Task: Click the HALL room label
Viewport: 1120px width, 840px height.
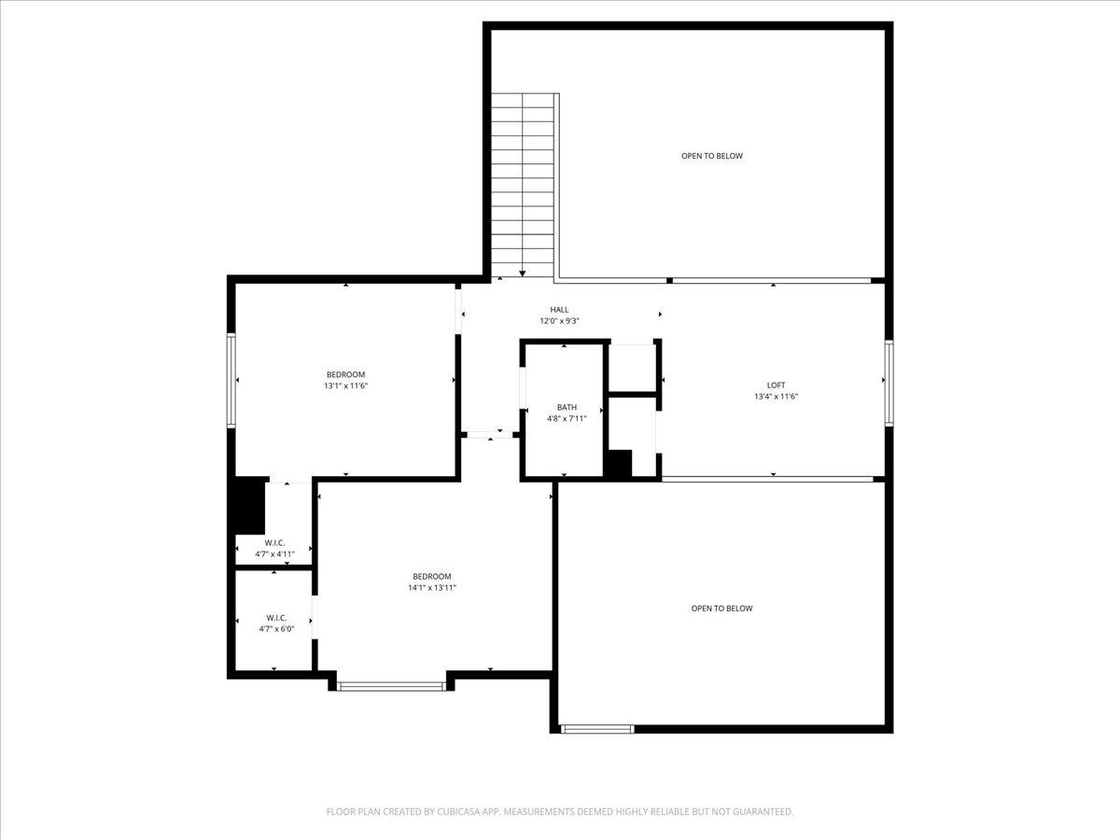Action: tap(559, 310)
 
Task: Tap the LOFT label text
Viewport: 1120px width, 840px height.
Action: tap(777, 385)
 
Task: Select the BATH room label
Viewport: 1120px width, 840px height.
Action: tap(567, 407)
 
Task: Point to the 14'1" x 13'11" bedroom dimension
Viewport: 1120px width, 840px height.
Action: tap(432, 587)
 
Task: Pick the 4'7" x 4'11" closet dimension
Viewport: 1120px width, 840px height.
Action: tap(274, 553)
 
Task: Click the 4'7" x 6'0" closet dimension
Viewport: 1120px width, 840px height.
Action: tap(276, 628)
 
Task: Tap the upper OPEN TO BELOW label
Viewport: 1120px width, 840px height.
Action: tap(712, 156)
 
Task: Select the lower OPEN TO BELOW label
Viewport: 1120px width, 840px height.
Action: tap(721, 609)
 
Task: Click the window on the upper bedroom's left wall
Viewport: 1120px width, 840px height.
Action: tap(231, 380)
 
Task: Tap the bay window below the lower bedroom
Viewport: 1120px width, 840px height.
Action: tap(391, 687)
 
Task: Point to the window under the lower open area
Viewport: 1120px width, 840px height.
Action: tap(597, 729)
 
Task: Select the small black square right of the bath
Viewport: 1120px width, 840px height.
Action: tap(619, 464)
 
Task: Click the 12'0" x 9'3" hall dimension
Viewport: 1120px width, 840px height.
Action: tap(559, 321)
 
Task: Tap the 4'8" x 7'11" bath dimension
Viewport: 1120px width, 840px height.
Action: tap(567, 418)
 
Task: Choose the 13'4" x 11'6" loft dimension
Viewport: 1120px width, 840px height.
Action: tap(777, 397)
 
